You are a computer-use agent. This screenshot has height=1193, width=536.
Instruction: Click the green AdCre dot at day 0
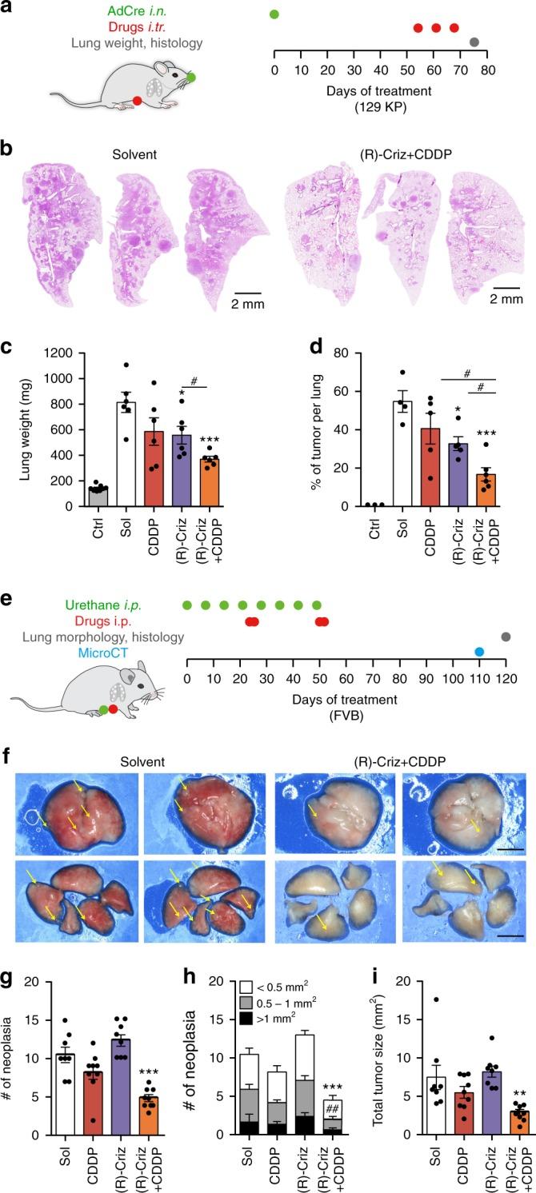274,14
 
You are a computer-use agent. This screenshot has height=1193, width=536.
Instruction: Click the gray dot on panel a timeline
474,42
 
